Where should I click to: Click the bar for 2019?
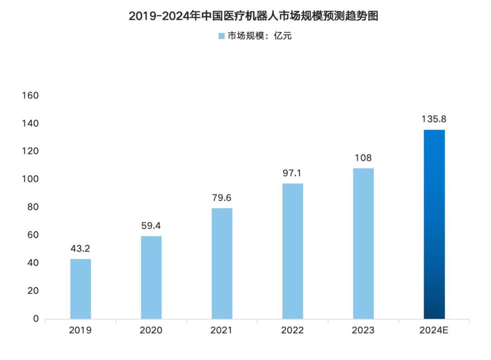click(80, 289)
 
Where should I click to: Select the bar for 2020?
click(151, 277)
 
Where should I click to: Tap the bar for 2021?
click(222, 263)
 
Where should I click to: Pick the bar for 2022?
click(292, 251)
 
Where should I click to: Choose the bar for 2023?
click(363, 243)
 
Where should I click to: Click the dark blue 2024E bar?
click(434, 224)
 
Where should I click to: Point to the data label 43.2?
click(80, 249)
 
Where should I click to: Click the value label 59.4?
click(151, 226)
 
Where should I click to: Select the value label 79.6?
click(222, 198)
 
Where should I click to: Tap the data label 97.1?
click(292, 173)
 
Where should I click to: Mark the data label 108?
click(363, 158)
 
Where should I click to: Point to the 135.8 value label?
click(434, 120)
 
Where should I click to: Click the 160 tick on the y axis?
click(30, 96)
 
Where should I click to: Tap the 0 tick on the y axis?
click(35, 319)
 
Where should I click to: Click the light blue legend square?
click(221, 36)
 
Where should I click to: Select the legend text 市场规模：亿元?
click(259, 36)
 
